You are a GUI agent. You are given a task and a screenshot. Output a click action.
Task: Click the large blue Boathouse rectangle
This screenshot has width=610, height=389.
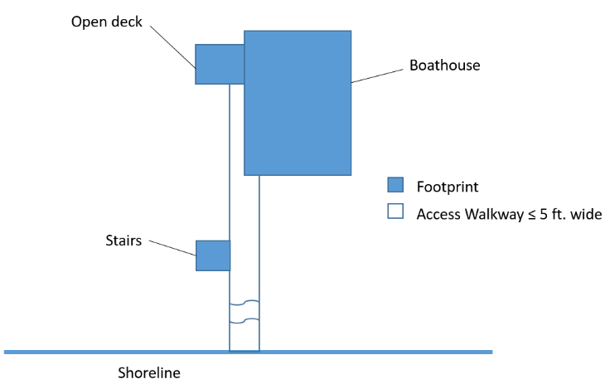pos(298,103)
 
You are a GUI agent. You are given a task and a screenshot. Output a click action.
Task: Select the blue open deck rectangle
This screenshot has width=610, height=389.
pos(220,64)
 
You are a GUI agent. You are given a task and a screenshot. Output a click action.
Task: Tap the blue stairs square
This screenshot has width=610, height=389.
pos(213,255)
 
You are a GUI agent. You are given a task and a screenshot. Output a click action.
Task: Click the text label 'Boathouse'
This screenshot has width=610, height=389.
pos(445,65)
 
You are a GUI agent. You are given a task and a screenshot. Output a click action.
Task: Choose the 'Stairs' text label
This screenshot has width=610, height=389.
pos(123,241)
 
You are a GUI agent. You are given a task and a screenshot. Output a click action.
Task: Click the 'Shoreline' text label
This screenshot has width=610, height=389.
pos(148,373)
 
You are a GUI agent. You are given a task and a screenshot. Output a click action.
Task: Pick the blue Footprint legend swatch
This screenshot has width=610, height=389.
pos(395,184)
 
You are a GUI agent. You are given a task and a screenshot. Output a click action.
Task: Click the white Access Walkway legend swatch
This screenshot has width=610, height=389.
pos(395,212)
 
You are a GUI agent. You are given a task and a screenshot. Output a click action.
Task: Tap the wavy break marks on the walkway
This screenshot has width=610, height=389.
pos(244,311)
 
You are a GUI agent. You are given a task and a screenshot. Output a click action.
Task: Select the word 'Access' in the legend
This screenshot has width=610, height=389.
pos(438,213)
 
